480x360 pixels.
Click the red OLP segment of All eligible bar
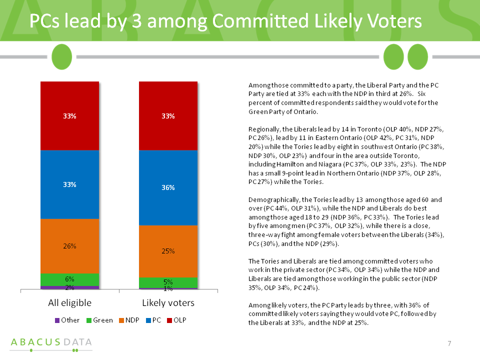pos(69,115)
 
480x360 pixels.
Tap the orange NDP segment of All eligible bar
pos(69,246)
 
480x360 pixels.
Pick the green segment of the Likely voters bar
pos(168,282)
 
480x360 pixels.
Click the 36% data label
pos(168,187)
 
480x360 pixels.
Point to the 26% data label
pos(69,246)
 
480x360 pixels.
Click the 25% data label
pos(168,251)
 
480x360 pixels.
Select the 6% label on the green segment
pos(69,279)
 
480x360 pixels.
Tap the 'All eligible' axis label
pos(69,303)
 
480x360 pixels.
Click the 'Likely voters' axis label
pos(168,303)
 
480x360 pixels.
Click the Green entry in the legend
pos(99,320)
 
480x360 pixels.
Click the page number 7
pos(449,343)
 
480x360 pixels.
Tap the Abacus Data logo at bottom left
pos(51,343)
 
